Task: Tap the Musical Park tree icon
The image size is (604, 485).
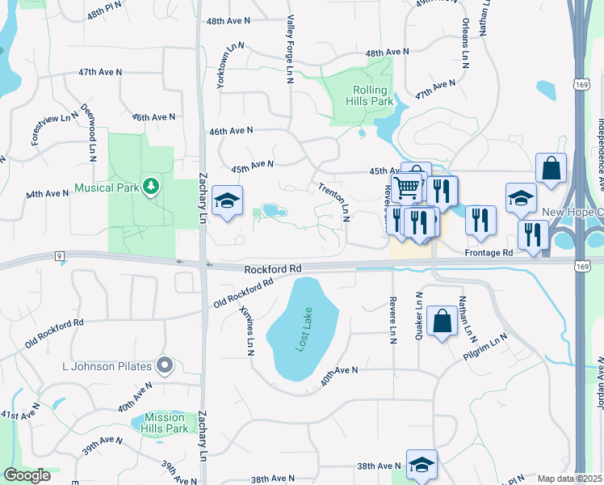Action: pos(150,187)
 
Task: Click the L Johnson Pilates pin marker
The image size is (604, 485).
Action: pos(165,366)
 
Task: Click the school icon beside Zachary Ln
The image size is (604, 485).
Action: pos(228,200)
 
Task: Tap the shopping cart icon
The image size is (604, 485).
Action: pos(409,188)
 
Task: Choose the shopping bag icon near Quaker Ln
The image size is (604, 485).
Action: pos(443,322)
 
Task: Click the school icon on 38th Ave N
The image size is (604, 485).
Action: pos(422,465)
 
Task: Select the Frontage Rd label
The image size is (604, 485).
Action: pos(489,252)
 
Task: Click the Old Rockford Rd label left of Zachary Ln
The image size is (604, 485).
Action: pos(54,331)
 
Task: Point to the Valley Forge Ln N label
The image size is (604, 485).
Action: pos(289,50)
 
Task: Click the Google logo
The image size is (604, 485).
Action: pos(27,475)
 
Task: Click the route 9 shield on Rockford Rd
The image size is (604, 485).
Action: pos(60,256)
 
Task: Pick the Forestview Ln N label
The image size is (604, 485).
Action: pos(54,129)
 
